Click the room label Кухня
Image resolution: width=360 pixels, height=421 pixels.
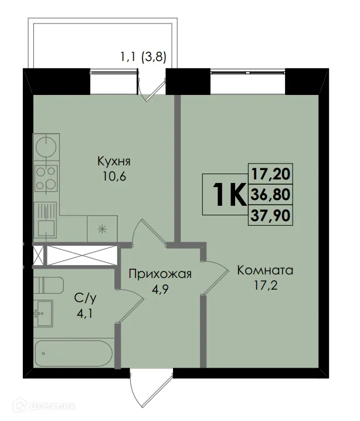click(114, 161)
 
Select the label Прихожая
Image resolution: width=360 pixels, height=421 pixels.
click(152, 274)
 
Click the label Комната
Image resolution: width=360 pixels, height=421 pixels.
click(265, 271)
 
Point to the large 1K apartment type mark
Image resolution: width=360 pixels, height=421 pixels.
click(225, 195)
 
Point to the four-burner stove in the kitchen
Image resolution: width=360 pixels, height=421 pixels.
click(45, 177)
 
